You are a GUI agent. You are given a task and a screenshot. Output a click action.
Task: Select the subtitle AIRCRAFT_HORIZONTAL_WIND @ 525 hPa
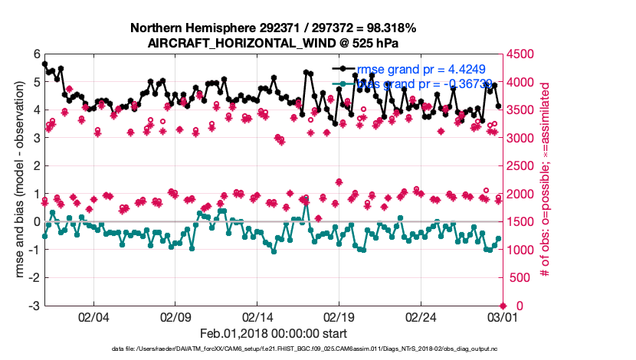(274, 43)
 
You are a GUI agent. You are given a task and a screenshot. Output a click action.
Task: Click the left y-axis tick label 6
(36, 54)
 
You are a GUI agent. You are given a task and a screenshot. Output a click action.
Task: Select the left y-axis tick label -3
(34, 306)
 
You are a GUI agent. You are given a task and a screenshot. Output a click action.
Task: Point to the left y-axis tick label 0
(36, 221)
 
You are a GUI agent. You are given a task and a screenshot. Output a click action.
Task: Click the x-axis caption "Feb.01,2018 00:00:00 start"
(274, 333)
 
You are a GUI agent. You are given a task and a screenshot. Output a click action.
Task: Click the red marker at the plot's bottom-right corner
(502, 306)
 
